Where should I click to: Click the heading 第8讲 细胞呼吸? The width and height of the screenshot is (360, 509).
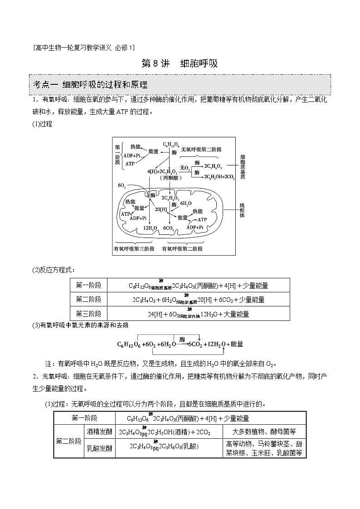(x=180, y=63)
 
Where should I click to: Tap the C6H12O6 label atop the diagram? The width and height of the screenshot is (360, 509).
(x=171, y=145)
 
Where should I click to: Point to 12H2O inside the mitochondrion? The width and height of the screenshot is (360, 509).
(x=150, y=228)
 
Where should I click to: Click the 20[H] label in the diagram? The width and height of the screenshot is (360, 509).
(x=161, y=209)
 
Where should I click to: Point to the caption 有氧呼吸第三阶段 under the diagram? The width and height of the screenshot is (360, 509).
(x=134, y=249)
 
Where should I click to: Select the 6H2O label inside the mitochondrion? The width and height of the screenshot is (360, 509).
(x=186, y=204)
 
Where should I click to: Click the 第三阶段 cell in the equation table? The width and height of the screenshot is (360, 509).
(x=89, y=313)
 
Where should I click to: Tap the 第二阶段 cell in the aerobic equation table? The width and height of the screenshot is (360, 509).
(x=89, y=299)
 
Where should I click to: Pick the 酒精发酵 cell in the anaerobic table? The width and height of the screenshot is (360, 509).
(x=99, y=432)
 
